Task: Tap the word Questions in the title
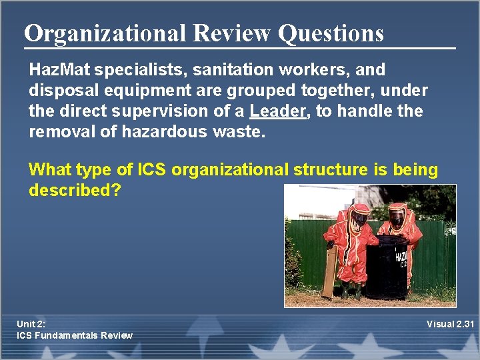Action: pyautogui.click(x=331, y=33)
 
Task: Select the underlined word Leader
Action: pyautogui.click(x=277, y=111)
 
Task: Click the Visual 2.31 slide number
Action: pyautogui.click(x=450, y=324)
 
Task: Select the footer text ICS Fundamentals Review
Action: pyautogui.click(x=75, y=335)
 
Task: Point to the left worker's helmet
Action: pyautogui.click(x=359, y=217)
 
